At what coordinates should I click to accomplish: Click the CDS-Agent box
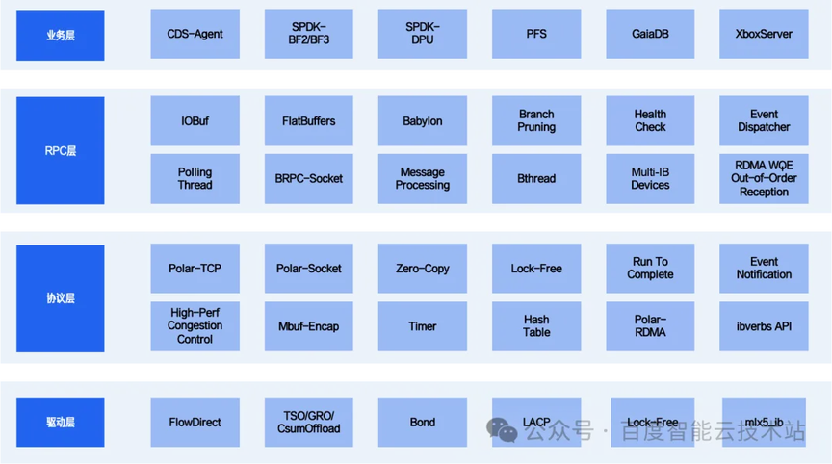pyautogui.click(x=195, y=34)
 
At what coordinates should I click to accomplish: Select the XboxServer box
pyautogui.click(x=764, y=34)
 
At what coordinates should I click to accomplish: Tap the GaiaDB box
pyautogui.click(x=650, y=34)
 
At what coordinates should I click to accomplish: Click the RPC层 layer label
pyautogui.click(x=60, y=150)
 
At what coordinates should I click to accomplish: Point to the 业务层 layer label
pyautogui.click(x=60, y=35)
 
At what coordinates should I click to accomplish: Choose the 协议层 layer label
pyautogui.click(x=60, y=297)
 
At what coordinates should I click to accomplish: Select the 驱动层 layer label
pyautogui.click(x=60, y=422)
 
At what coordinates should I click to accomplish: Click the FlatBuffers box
pyautogui.click(x=309, y=121)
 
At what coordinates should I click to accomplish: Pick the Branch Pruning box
pyautogui.click(x=536, y=121)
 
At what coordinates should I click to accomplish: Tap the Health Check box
pyautogui.click(x=650, y=121)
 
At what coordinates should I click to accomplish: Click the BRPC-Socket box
pyautogui.click(x=309, y=178)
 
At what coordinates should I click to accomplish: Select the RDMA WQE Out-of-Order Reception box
pyautogui.click(x=764, y=178)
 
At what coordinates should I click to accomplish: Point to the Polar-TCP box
pyautogui.click(x=195, y=269)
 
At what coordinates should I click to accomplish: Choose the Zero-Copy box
pyautogui.click(x=423, y=269)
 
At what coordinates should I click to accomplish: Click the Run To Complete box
pyautogui.click(x=650, y=269)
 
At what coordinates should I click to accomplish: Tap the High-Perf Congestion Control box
pyautogui.click(x=195, y=325)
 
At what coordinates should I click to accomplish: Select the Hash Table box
pyautogui.click(x=536, y=325)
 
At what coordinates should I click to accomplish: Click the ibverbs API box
pyautogui.click(x=764, y=325)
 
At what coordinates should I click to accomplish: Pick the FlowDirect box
pyautogui.click(x=195, y=422)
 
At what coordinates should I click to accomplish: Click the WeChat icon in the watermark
pyautogui.click(x=501, y=430)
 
